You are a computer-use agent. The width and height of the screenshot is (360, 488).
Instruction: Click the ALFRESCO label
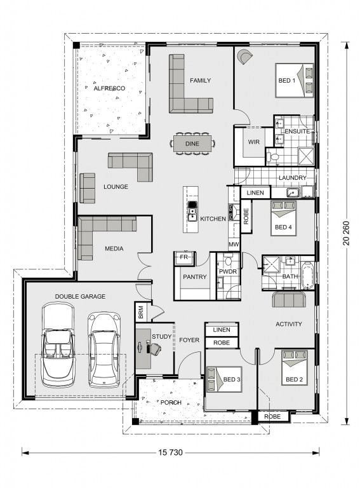[109, 88]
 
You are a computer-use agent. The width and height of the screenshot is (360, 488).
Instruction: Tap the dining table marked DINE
[192, 144]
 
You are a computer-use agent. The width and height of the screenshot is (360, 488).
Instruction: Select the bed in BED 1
[295, 81]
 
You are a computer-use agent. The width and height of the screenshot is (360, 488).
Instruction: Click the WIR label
[254, 142]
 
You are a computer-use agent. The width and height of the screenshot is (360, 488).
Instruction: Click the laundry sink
[293, 193]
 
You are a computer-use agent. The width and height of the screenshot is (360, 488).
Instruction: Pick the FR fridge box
[185, 258]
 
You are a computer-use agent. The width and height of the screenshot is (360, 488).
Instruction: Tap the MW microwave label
[234, 245]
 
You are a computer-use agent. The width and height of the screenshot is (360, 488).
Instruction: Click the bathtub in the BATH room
[308, 276]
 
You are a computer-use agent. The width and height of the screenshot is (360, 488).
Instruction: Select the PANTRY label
[195, 276]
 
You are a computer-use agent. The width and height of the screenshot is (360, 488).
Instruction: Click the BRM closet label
[140, 312]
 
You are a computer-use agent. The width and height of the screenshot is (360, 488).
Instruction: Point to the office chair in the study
[156, 349]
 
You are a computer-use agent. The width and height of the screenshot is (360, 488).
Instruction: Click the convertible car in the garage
[58, 346]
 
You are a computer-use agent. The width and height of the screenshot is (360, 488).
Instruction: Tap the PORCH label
[171, 402]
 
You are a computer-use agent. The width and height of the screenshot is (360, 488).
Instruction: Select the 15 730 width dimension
[170, 452]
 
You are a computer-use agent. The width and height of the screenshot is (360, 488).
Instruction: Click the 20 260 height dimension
[346, 233]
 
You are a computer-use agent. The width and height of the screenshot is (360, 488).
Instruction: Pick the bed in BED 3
[224, 379]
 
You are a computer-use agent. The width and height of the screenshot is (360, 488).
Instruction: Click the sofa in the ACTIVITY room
[289, 299]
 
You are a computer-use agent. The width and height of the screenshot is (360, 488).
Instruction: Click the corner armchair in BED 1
[244, 57]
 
